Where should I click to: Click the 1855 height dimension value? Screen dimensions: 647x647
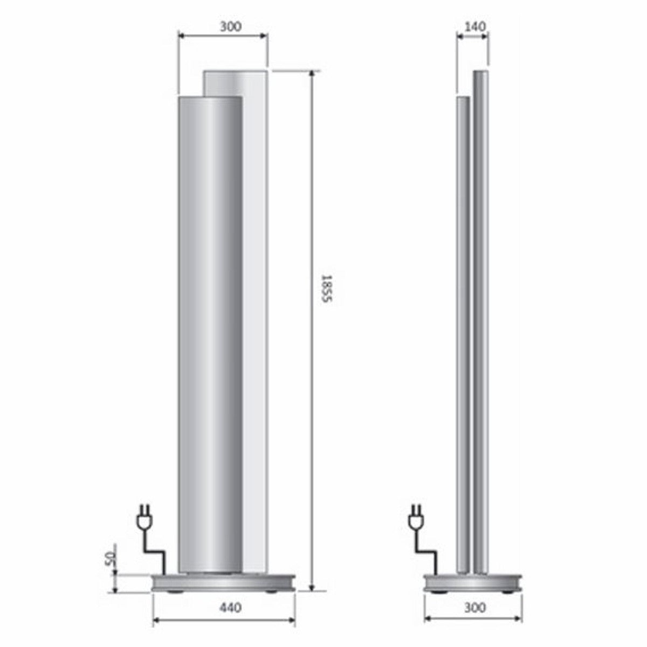pyautogui.click(x=325, y=289)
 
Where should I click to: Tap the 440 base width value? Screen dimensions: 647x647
pyautogui.click(x=230, y=608)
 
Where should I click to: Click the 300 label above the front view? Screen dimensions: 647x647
pyautogui.click(x=231, y=25)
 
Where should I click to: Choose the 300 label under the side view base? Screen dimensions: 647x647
pyautogui.click(x=474, y=608)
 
